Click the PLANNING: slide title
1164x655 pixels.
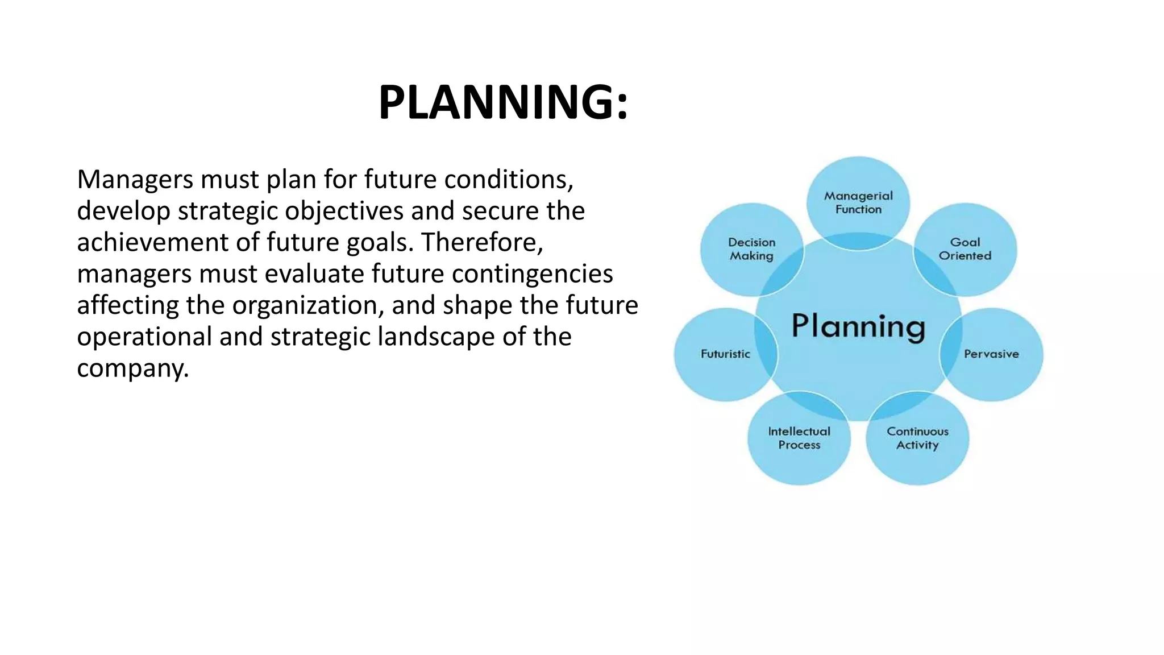click(503, 102)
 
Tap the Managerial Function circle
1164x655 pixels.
click(858, 202)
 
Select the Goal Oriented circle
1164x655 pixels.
click(965, 249)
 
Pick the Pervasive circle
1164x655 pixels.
click(992, 354)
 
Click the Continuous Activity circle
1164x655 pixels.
click(917, 438)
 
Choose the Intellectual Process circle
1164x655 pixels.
click(799, 438)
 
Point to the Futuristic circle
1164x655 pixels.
click(725, 354)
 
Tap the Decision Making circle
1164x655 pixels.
click(751, 249)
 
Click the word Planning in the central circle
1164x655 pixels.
click(858, 327)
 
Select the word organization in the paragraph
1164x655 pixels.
click(307, 306)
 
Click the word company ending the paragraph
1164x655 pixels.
click(132, 369)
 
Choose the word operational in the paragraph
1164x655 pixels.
click(144, 337)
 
